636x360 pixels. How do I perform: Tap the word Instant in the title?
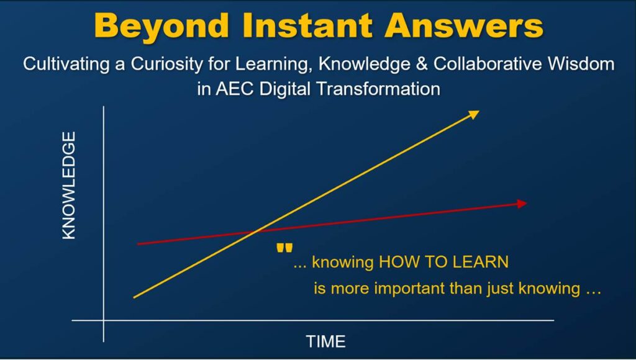click(x=308, y=25)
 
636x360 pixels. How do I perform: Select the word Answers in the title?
click(x=463, y=25)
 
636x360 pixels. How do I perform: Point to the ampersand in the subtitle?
click(x=422, y=64)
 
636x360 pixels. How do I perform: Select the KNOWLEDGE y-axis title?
click(x=69, y=186)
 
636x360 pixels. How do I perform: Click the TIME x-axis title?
click(x=325, y=341)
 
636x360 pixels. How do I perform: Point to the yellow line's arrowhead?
click(x=474, y=114)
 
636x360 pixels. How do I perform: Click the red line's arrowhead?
click(x=522, y=204)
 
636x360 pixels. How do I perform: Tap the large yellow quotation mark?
click(x=284, y=248)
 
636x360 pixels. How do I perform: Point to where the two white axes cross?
click(x=104, y=320)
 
